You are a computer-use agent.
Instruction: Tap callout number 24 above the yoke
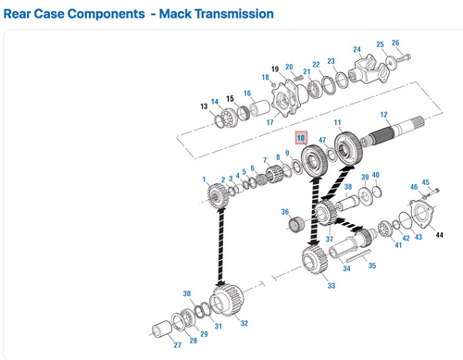pos(357,49)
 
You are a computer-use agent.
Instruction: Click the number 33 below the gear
pos(331,287)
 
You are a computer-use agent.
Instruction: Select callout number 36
pos(285,211)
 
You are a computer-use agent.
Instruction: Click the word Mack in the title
pos(180,14)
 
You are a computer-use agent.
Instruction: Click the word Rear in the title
pos(20,14)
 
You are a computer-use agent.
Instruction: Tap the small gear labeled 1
pos(218,196)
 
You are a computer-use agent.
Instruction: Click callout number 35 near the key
pos(371,266)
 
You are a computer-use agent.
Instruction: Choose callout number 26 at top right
pos(395,43)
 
